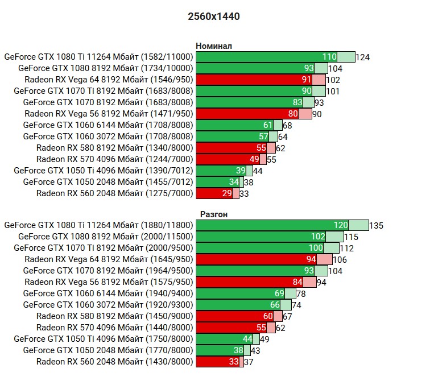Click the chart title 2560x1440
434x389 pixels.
tap(213, 16)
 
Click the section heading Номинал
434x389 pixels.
tap(214, 46)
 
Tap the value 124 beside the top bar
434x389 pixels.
tap(362, 57)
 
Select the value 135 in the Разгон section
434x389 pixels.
tap(376, 225)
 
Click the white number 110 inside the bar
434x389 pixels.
tap(329, 57)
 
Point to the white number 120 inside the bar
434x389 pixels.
tap(341, 225)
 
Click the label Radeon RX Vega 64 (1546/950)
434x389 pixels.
tap(109, 80)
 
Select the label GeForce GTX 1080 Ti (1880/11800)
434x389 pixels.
tap(98, 225)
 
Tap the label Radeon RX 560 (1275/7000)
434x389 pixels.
tap(114, 193)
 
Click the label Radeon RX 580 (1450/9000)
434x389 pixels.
tap(114, 316)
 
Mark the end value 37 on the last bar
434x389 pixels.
tap(249, 362)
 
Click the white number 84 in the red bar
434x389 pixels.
tap(297, 282)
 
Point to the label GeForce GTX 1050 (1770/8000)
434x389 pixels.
tap(108, 350)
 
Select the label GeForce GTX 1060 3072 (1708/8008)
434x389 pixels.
tap(108, 136)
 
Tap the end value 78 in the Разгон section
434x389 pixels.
tap(301, 293)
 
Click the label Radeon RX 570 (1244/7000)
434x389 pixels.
tap(114, 159)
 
